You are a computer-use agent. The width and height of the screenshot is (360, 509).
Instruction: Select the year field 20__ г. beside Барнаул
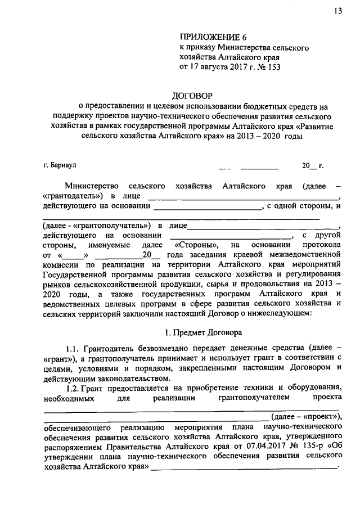click(x=312, y=165)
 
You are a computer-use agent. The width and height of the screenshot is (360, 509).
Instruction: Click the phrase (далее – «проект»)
click(x=306, y=417)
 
